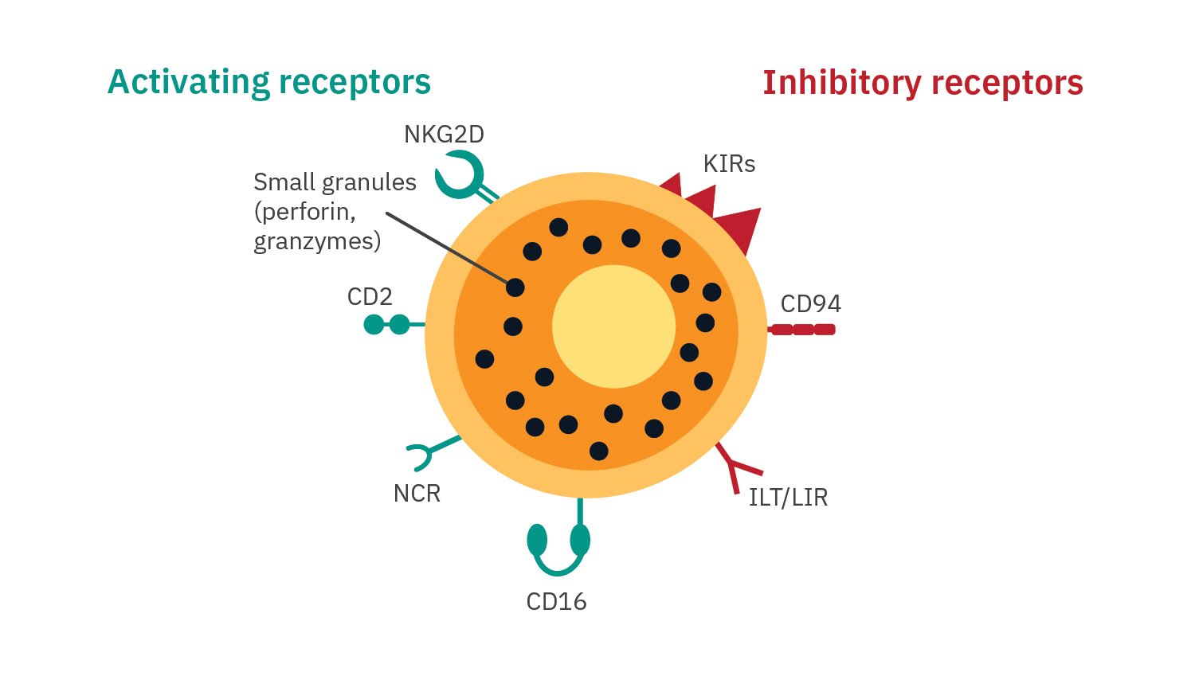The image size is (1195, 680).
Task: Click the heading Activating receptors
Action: click(x=269, y=82)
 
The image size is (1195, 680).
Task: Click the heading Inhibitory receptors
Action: click(x=923, y=83)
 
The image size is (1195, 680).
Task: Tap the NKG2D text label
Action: click(x=444, y=134)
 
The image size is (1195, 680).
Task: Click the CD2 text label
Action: click(x=370, y=297)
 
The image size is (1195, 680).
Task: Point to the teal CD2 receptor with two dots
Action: click(x=388, y=325)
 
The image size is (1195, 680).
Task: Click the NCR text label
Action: click(x=417, y=494)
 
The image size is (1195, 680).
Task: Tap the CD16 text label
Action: click(x=556, y=601)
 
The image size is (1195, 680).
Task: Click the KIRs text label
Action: click(x=729, y=164)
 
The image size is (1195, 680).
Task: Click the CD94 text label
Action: click(x=810, y=304)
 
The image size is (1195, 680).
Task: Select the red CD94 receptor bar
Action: click(x=802, y=330)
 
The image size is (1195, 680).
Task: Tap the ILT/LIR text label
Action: click(x=788, y=498)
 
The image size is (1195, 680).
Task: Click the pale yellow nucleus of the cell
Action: click(x=613, y=326)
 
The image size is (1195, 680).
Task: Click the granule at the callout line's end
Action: click(x=515, y=287)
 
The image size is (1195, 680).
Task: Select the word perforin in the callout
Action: click(x=307, y=212)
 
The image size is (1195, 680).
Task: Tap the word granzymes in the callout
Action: click(x=316, y=241)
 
